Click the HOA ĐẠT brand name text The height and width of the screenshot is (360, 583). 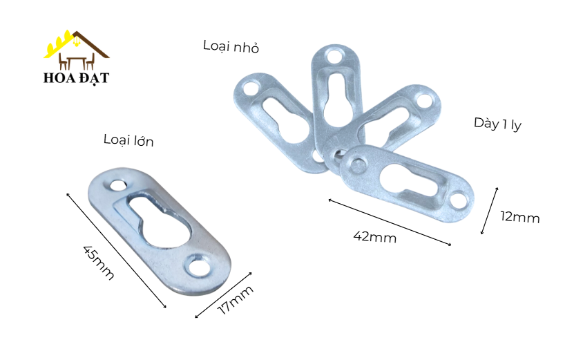click(76, 78)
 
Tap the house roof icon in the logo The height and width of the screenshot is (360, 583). click(76, 44)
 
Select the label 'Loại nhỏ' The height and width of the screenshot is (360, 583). click(231, 46)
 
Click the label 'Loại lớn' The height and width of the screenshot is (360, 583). click(128, 140)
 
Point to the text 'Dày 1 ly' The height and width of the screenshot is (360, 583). click(497, 124)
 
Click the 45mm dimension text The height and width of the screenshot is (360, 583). click(98, 262)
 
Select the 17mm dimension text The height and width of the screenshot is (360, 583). click(236, 300)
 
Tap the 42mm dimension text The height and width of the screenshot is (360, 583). click(375, 236)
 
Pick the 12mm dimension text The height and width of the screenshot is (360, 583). click(519, 217)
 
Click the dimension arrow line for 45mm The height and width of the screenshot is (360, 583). click(116, 251)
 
